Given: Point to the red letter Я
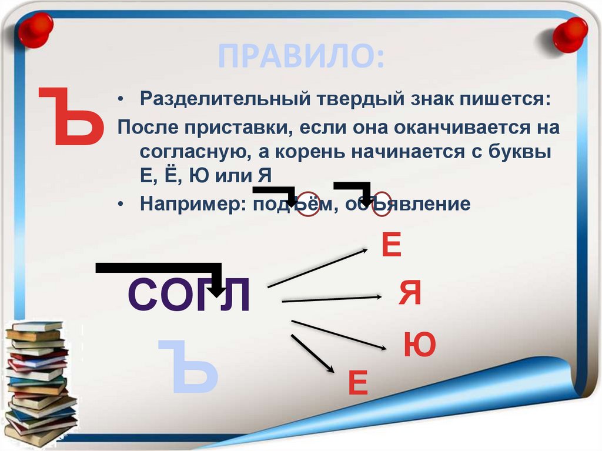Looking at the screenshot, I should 410,293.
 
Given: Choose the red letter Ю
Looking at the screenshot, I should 419,345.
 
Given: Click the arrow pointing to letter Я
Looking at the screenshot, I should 332,299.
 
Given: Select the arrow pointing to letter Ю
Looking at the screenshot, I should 339,335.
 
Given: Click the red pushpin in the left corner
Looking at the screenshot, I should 35,29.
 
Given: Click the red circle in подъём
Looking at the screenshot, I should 308,203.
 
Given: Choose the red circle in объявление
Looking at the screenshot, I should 381,202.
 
